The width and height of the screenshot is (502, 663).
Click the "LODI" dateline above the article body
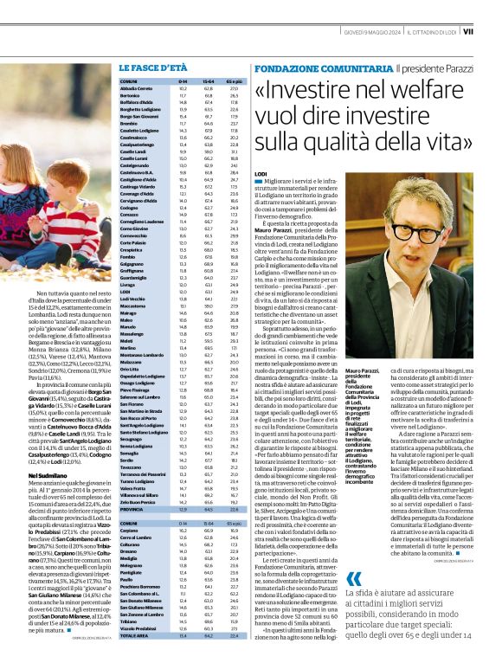click(261, 174)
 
